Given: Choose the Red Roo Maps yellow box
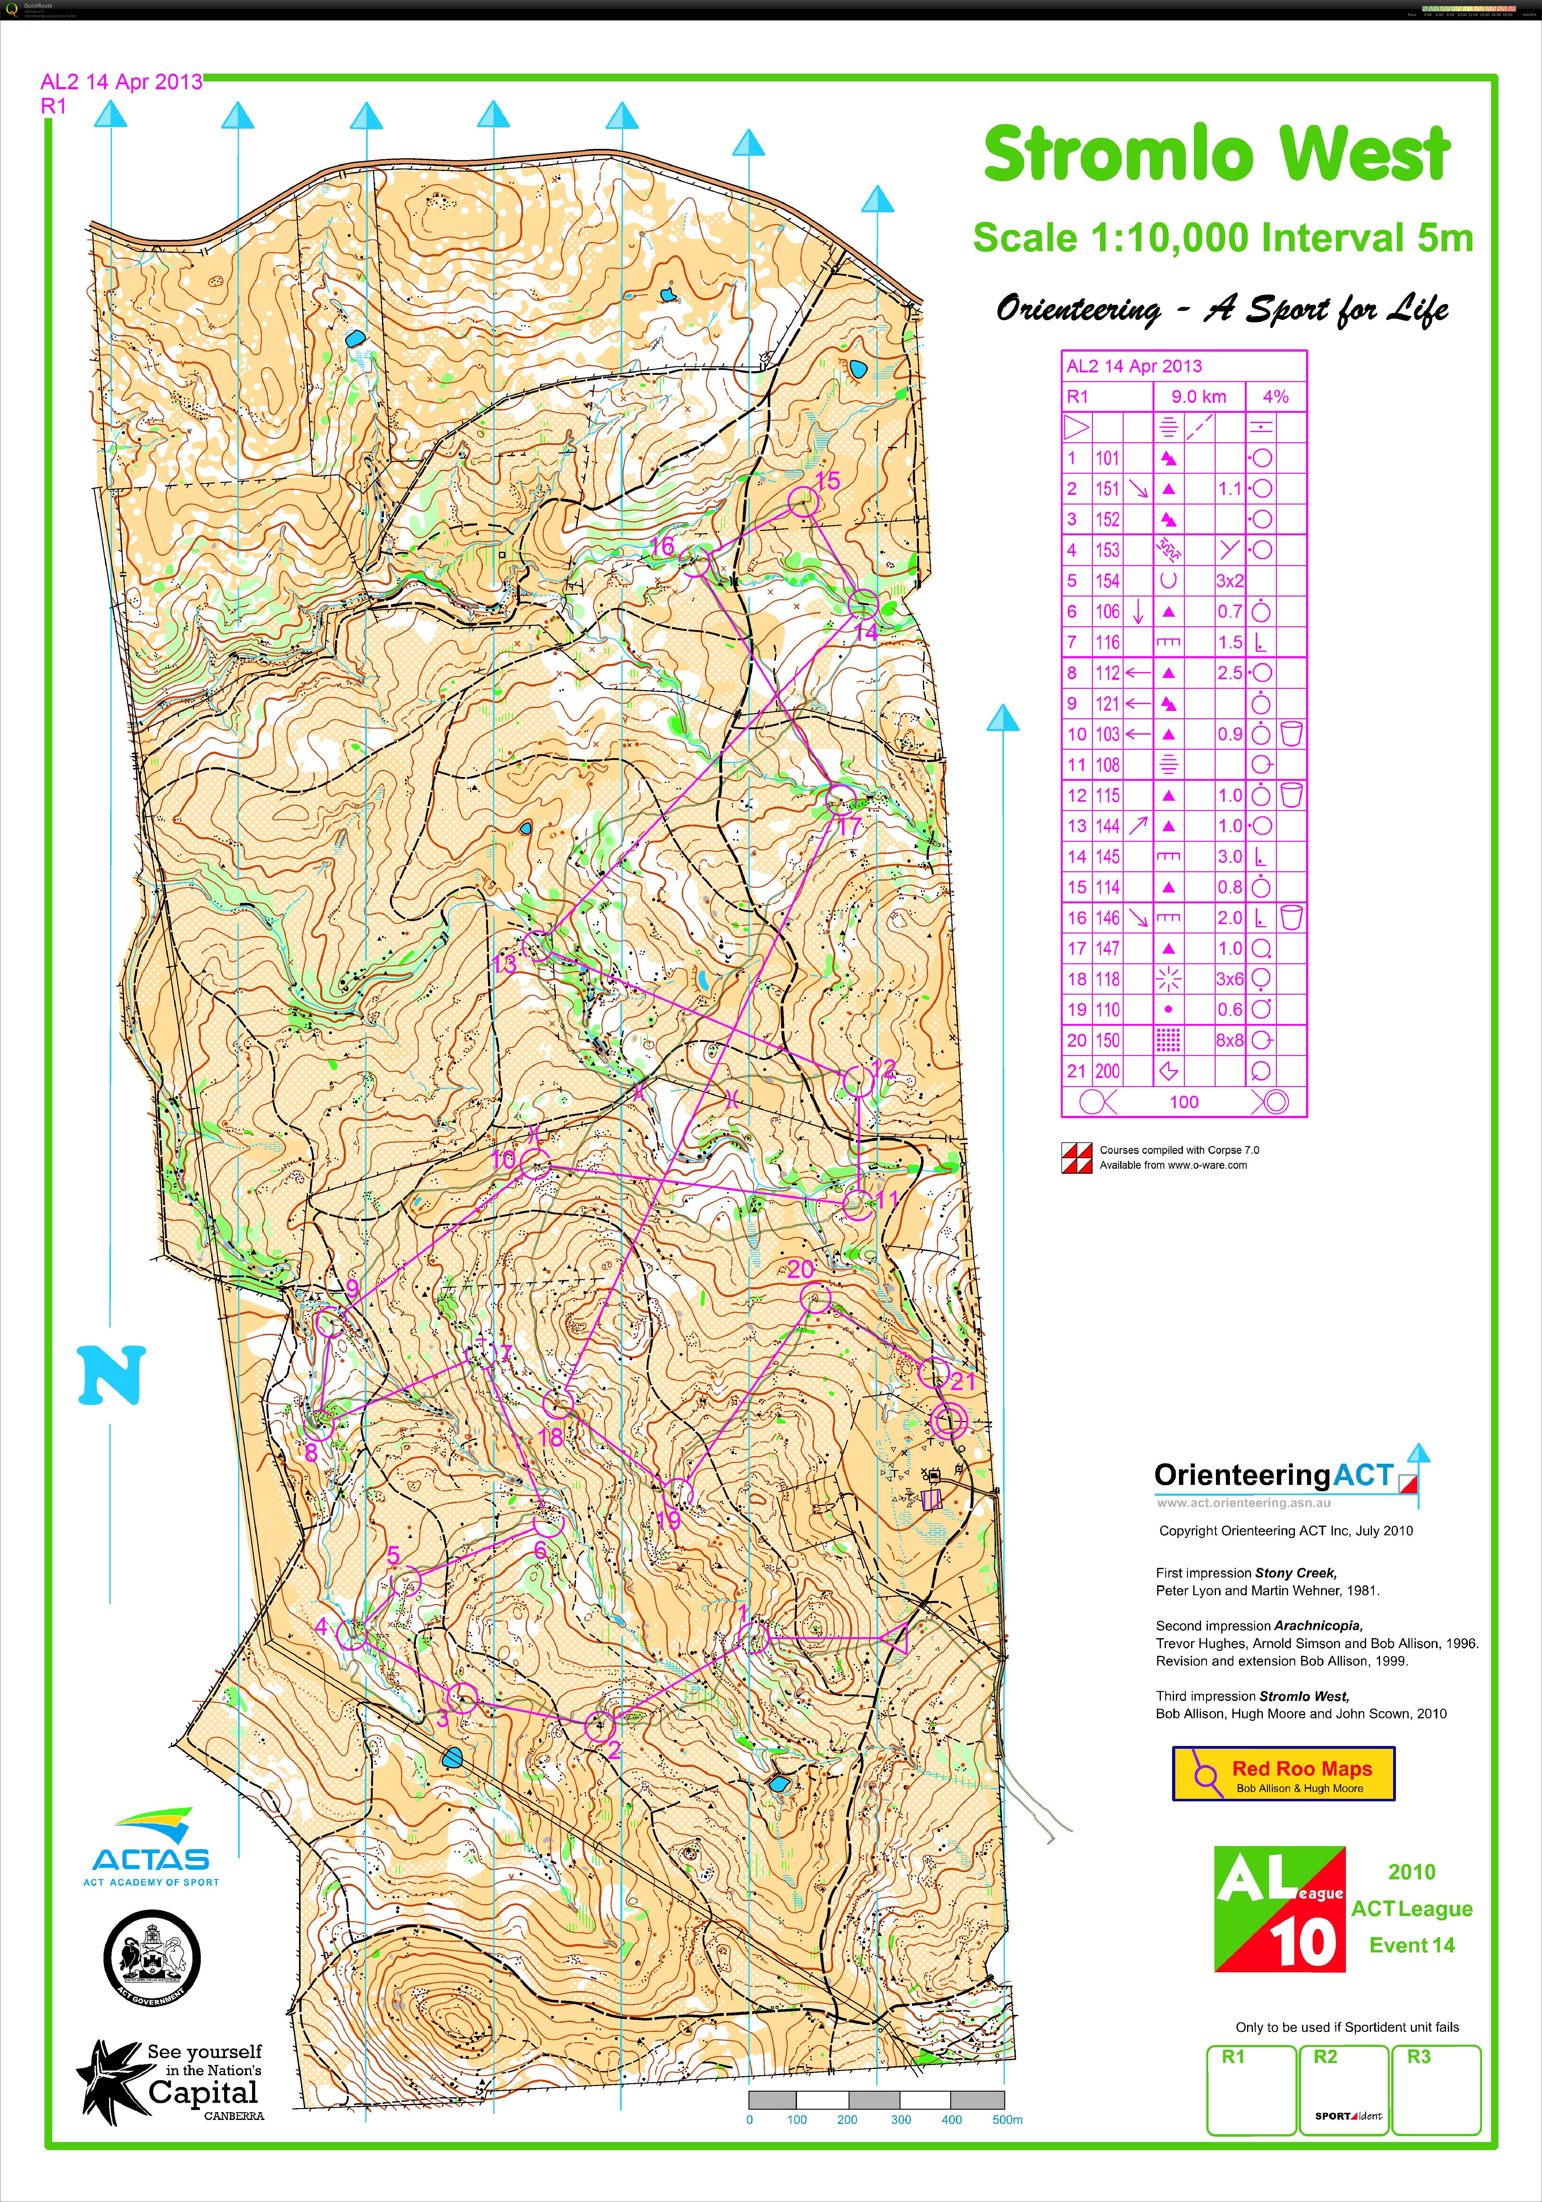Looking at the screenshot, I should click(1283, 1774).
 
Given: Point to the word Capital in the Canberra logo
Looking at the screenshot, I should click(203, 2093).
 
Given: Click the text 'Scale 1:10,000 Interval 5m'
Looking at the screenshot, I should click(1223, 238).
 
